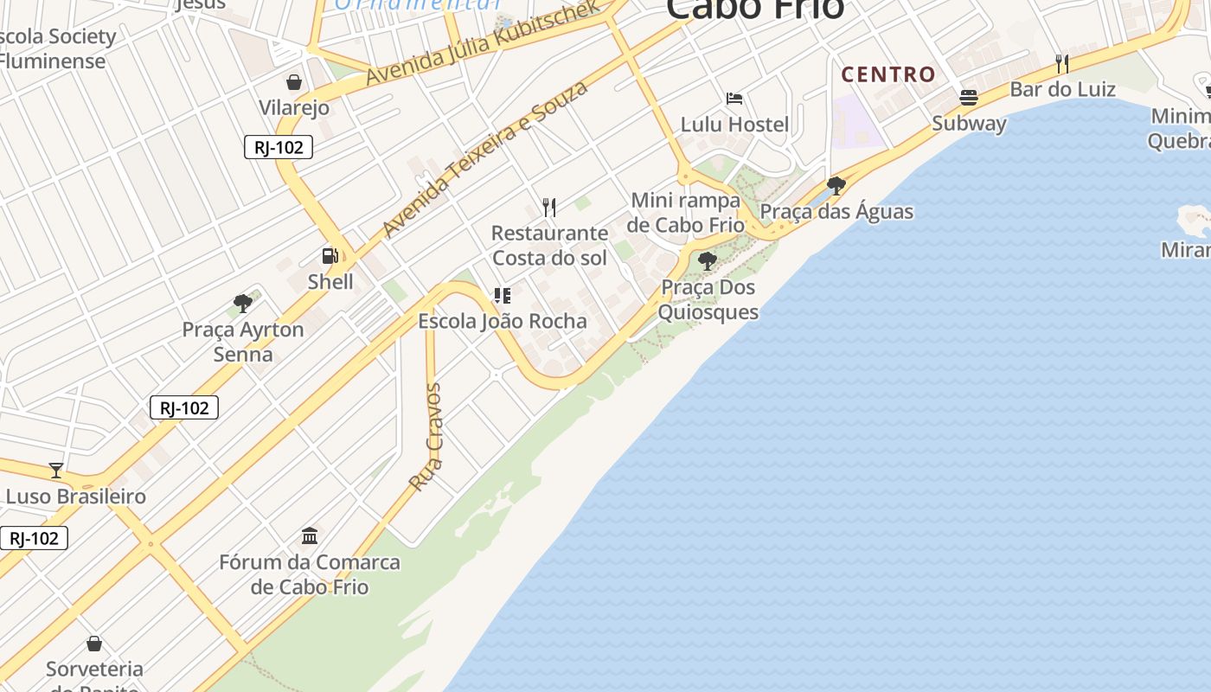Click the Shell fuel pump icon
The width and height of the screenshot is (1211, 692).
[330, 255]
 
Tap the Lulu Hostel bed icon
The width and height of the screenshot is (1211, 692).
[734, 99]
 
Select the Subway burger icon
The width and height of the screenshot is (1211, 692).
[969, 97]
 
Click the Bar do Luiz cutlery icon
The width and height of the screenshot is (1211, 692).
[1062, 63]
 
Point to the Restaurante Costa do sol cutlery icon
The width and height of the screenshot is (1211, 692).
[549, 207]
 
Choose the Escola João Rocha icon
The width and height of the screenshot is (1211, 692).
[502, 296]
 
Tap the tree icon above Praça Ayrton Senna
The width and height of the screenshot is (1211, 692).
[243, 304]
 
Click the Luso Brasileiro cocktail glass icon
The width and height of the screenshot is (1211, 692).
[56, 471]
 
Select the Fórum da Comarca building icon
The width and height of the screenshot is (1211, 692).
[310, 535]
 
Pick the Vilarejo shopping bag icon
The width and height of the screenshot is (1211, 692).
[294, 82]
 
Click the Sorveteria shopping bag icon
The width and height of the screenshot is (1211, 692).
[94, 644]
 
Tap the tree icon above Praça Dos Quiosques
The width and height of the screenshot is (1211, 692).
[708, 260]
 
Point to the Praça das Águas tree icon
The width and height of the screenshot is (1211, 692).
[836, 185]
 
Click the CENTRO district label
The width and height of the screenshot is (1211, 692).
[888, 74]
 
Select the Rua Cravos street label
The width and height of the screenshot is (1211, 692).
[426, 438]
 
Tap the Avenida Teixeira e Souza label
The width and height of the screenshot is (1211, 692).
[485, 158]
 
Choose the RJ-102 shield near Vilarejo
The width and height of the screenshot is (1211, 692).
[279, 147]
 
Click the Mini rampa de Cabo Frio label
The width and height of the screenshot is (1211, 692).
[686, 213]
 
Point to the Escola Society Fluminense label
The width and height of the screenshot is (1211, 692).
[55, 48]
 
